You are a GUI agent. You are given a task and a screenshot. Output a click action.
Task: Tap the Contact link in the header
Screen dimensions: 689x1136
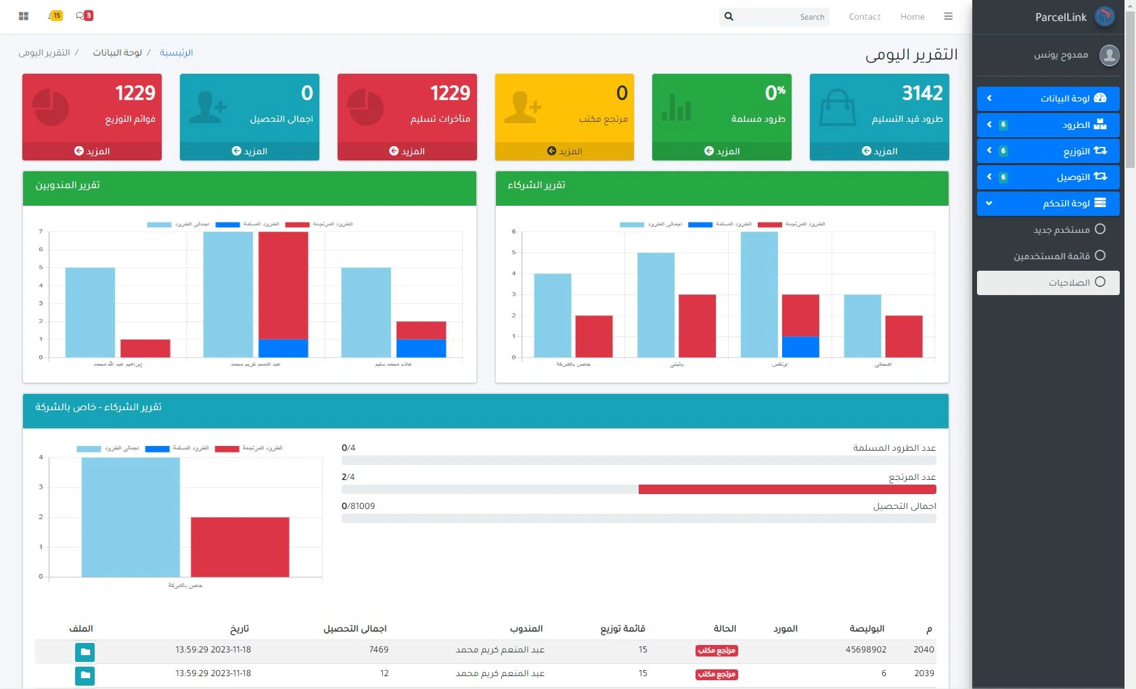click(x=864, y=17)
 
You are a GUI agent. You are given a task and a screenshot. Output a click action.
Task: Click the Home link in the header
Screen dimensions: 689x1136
click(x=912, y=17)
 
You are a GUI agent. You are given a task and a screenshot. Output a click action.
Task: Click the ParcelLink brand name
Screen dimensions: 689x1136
click(x=1060, y=17)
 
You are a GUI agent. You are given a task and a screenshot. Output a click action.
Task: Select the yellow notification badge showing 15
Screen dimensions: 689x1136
click(x=57, y=16)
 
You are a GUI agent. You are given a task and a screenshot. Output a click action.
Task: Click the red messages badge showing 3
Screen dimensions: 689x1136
click(x=88, y=16)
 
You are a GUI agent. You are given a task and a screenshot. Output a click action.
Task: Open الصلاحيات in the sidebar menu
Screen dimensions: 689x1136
click(x=1069, y=282)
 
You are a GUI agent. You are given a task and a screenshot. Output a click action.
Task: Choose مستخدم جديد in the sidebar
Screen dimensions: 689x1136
click(x=1062, y=229)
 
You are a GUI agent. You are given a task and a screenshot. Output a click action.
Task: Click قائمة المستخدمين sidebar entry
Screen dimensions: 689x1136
click(x=1051, y=256)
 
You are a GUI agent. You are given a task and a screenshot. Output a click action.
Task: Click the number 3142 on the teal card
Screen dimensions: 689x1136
click(x=922, y=93)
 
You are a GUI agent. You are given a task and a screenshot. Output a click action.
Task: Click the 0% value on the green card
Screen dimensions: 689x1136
click(x=775, y=93)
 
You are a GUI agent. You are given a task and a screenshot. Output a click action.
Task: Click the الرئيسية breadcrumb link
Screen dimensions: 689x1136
click(x=177, y=53)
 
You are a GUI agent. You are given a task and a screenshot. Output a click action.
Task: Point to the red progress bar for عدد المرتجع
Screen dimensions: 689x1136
click(x=787, y=489)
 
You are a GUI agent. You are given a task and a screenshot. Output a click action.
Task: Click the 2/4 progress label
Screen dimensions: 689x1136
click(x=348, y=476)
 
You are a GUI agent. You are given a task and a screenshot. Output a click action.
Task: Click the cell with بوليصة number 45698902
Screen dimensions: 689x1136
click(x=865, y=650)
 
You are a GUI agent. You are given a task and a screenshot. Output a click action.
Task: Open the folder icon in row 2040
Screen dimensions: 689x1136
click(x=85, y=652)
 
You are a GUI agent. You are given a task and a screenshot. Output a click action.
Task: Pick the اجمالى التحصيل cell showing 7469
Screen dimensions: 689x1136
click(x=379, y=650)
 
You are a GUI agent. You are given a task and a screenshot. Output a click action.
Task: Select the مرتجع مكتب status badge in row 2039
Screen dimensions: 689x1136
click(x=717, y=674)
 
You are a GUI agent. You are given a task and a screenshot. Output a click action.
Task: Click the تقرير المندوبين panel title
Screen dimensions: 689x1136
click(x=68, y=185)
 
